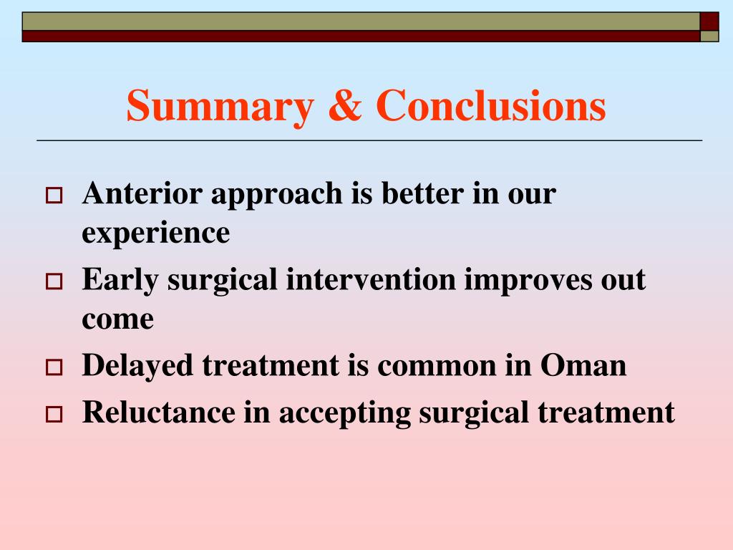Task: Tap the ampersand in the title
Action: point(345,105)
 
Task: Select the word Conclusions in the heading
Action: point(491,105)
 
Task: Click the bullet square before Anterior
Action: point(54,195)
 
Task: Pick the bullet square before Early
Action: point(54,281)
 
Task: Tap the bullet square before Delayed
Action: point(54,367)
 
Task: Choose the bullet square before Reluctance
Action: point(54,415)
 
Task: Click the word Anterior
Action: point(142,193)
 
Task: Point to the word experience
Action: point(155,234)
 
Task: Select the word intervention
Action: point(372,280)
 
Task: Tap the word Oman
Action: point(583,365)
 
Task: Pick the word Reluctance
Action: point(159,412)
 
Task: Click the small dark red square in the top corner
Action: point(709,21)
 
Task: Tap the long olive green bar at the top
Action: point(361,21)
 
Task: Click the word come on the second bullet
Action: point(118,321)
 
